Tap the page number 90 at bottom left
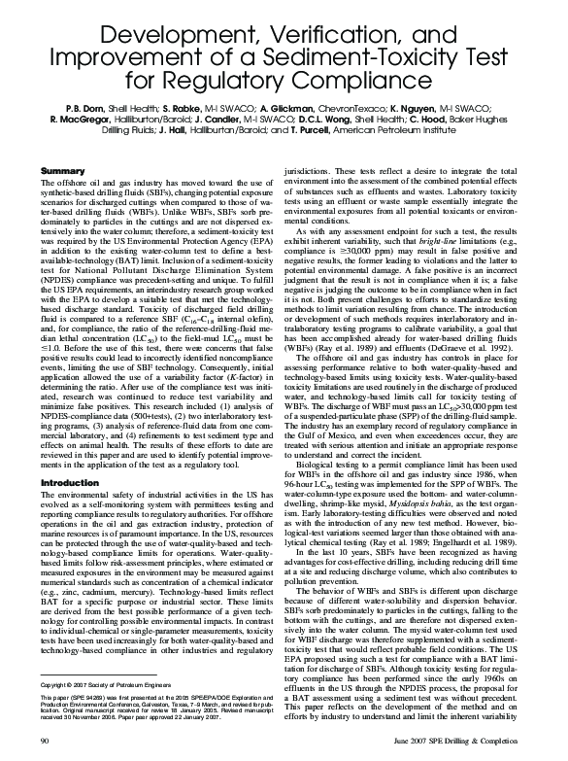(42, 743)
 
